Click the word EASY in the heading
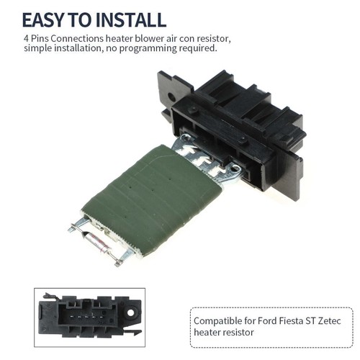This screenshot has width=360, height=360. click(44, 19)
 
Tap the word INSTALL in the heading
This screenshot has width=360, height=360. click(130, 19)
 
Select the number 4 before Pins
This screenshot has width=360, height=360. click(26, 38)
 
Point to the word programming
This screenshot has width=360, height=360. click(148, 49)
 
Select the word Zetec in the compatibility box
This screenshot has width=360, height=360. click(329, 320)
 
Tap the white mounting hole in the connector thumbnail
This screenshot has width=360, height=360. click(130, 312)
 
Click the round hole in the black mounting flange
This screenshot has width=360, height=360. click(171, 96)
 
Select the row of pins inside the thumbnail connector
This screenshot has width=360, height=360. click(86, 317)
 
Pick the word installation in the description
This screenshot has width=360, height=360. click(76, 48)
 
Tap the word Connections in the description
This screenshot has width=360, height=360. click(77, 38)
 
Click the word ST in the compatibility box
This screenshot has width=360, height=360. click(310, 320)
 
